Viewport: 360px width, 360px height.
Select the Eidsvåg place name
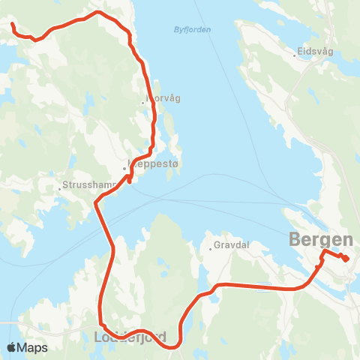tap(315, 52)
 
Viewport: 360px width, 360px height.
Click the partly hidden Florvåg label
tap(163, 98)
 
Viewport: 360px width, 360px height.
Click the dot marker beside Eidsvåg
tap(295, 55)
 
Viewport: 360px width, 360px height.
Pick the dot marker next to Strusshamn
tap(59, 188)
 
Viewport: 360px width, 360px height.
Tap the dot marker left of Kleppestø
tap(125, 168)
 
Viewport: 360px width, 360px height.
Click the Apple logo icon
tap(12, 347)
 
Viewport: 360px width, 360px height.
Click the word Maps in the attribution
tap(33, 347)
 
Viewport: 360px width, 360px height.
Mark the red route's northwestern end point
tap(12, 25)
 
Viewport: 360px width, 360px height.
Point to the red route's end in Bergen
tap(346, 259)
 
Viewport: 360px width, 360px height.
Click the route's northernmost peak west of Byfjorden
tap(97, 12)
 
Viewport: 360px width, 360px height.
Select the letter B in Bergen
tap(295, 240)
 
